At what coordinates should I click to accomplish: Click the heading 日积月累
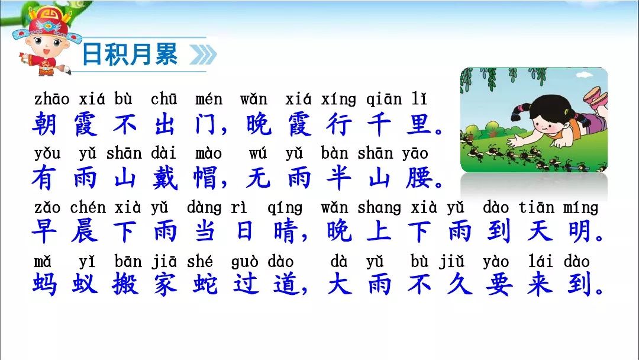130,54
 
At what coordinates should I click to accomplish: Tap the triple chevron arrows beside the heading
203,55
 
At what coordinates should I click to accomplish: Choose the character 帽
205,178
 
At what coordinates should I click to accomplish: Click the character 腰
419,178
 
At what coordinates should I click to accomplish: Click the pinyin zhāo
51,99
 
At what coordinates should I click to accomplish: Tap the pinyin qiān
384,99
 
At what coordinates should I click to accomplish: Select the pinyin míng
580,207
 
